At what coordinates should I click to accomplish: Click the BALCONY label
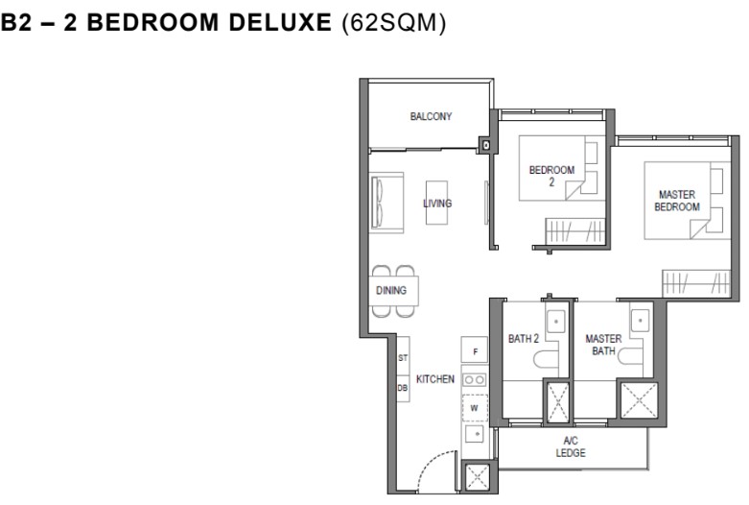click(431, 116)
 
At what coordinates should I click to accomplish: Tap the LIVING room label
click(437, 204)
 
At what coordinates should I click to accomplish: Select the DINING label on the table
click(391, 290)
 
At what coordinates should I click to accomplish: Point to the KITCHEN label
click(435, 379)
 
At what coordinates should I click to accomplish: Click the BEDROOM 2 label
click(551, 176)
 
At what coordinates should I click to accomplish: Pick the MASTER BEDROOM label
click(677, 201)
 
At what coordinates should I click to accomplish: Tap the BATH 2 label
click(524, 339)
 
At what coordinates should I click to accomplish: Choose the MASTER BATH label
click(604, 345)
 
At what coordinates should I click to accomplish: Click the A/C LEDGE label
click(571, 446)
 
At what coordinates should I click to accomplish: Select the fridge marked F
click(475, 349)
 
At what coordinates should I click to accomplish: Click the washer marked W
click(475, 408)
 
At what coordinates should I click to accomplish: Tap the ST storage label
click(403, 358)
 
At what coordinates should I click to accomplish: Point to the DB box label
click(403, 388)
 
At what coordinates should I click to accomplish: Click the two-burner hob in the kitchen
click(475, 380)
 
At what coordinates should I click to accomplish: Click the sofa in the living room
click(387, 203)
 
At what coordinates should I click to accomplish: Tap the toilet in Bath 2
click(546, 360)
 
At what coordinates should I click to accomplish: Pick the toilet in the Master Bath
click(630, 357)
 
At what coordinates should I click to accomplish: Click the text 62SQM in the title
click(394, 23)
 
